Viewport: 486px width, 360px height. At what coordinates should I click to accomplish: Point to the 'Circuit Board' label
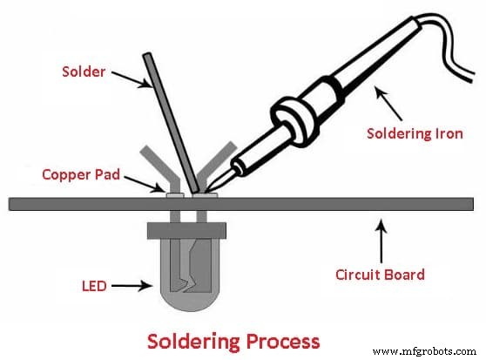pyautogui.click(x=380, y=275)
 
